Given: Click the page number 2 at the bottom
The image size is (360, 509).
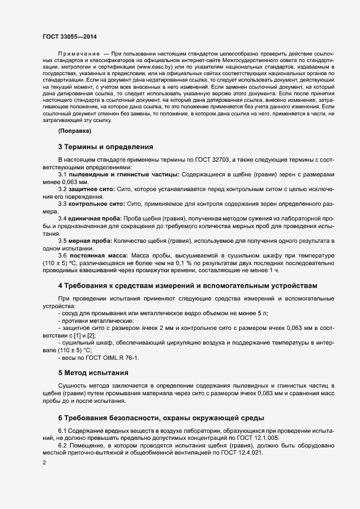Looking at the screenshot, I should point(44,463).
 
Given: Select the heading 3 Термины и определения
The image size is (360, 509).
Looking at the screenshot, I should point(106,146).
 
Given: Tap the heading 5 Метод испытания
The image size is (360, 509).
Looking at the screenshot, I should point(93,373).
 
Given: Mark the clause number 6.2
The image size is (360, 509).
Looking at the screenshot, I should point(63,445).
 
